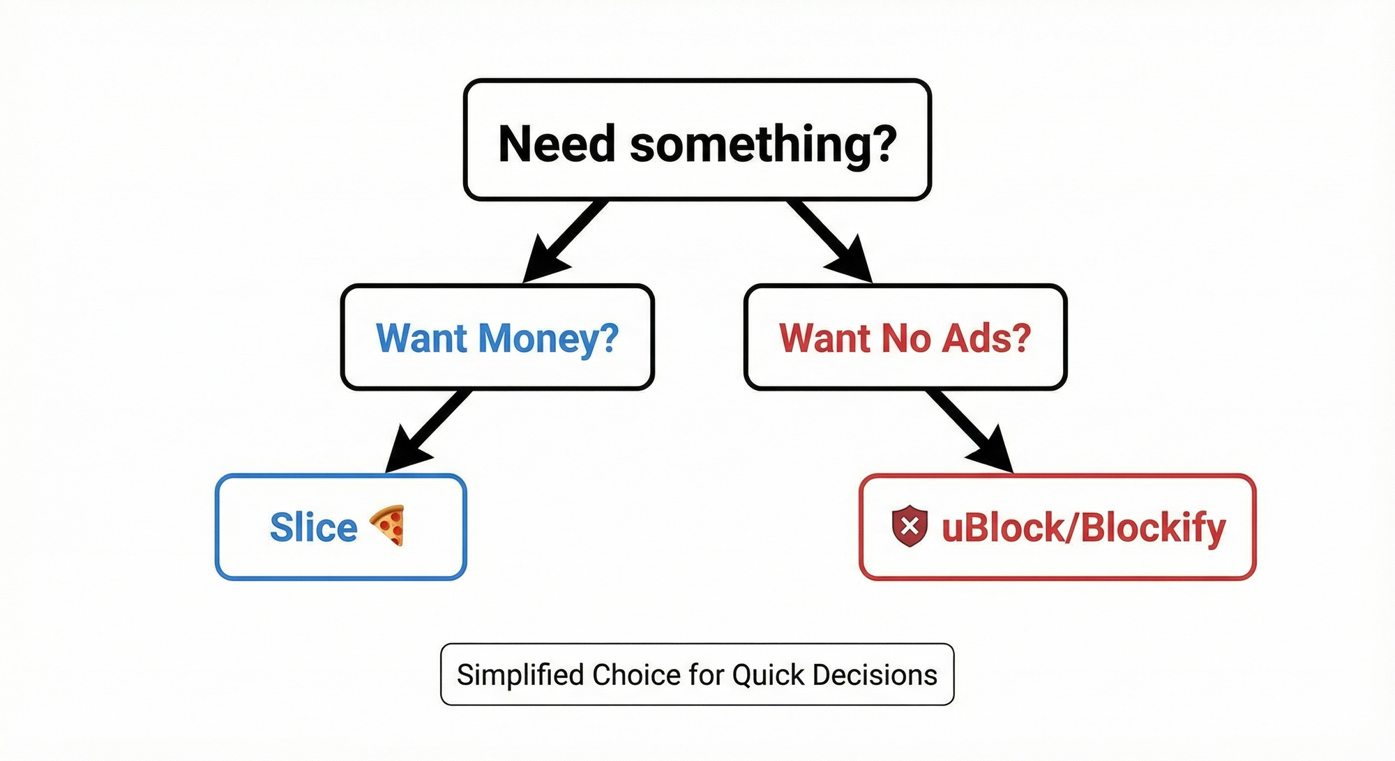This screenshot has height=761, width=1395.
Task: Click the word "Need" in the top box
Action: click(x=557, y=144)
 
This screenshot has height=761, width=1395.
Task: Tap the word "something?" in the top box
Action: click(x=763, y=144)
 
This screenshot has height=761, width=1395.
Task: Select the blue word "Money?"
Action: click(x=548, y=338)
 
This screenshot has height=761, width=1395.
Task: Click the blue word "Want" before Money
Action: click(x=421, y=338)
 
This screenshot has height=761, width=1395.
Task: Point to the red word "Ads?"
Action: click(x=986, y=338)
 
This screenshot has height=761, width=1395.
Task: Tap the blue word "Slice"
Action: click(x=313, y=527)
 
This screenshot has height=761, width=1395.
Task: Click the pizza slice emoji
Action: click(x=388, y=525)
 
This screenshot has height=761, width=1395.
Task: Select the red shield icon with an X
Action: click(x=910, y=527)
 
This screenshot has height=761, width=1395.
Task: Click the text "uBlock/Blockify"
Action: click(x=1083, y=527)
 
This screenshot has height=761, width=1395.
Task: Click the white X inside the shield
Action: click(x=910, y=526)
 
